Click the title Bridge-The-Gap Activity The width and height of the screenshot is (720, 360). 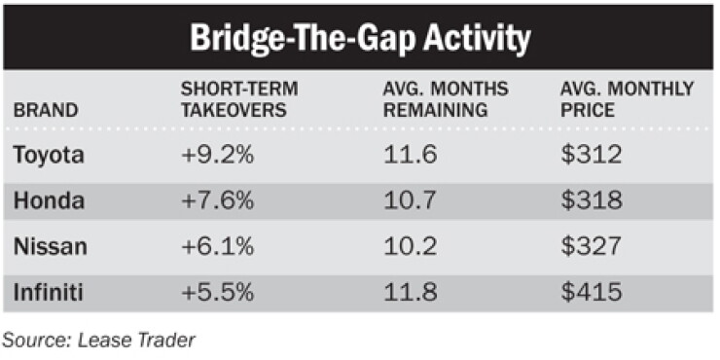pyautogui.click(x=360, y=38)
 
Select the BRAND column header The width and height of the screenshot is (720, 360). pyautogui.click(x=46, y=111)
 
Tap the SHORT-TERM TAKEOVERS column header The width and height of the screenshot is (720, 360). pyautogui.click(x=239, y=99)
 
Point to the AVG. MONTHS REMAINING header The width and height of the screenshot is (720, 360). pyautogui.click(x=446, y=99)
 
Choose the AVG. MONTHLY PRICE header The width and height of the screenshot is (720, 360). pyautogui.click(x=627, y=99)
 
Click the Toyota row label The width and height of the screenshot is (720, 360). pyautogui.click(x=49, y=156)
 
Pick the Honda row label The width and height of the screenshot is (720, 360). pyautogui.click(x=49, y=200)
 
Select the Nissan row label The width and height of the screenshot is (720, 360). pyautogui.click(x=50, y=247)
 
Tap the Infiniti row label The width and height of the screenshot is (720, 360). pyautogui.click(x=49, y=293)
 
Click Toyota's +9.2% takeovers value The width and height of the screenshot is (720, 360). pyautogui.click(x=217, y=156)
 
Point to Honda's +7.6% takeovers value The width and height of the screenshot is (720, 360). pyautogui.click(x=217, y=200)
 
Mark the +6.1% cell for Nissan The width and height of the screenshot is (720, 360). pyautogui.click(x=217, y=247)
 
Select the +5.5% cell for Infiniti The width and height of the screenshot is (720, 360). pyautogui.click(x=217, y=293)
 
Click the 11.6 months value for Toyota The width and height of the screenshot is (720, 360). pyautogui.click(x=410, y=156)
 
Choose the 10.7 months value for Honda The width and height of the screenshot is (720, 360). pyautogui.click(x=409, y=200)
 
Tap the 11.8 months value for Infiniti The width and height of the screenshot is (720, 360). pyautogui.click(x=410, y=293)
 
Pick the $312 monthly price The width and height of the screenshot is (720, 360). pyautogui.click(x=591, y=156)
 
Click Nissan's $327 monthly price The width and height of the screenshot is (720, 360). pyautogui.click(x=591, y=247)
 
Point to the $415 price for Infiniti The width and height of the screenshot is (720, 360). pyautogui.click(x=591, y=293)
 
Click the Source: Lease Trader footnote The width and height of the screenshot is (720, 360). pyautogui.click(x=98, y=341)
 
